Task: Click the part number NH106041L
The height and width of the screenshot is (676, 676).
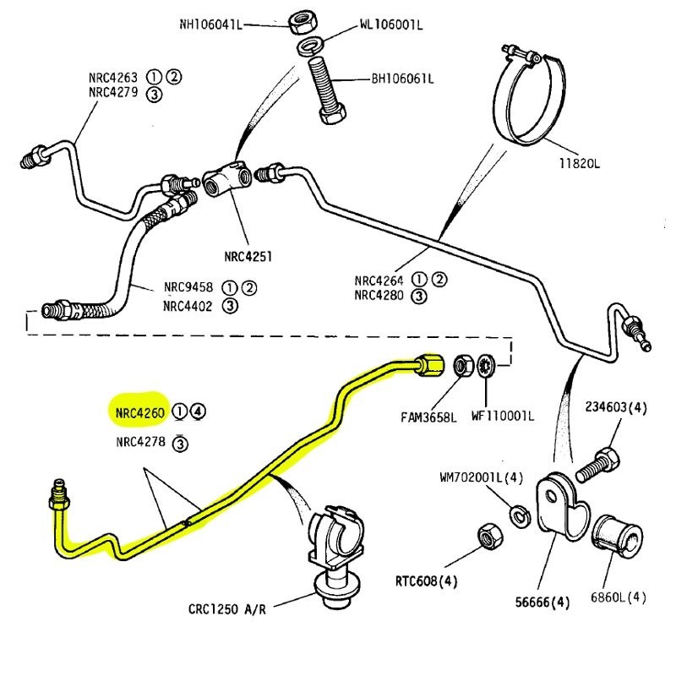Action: point(210,25)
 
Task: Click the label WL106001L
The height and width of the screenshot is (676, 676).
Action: point(390,25)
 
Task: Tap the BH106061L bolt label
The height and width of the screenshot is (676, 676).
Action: point(402,79)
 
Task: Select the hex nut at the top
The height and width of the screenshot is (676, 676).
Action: point(302,20)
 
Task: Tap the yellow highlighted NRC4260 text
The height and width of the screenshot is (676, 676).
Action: point(139,412)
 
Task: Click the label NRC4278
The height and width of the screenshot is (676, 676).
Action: point(140,442)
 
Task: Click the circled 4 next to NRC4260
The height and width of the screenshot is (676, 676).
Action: point(197,412)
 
